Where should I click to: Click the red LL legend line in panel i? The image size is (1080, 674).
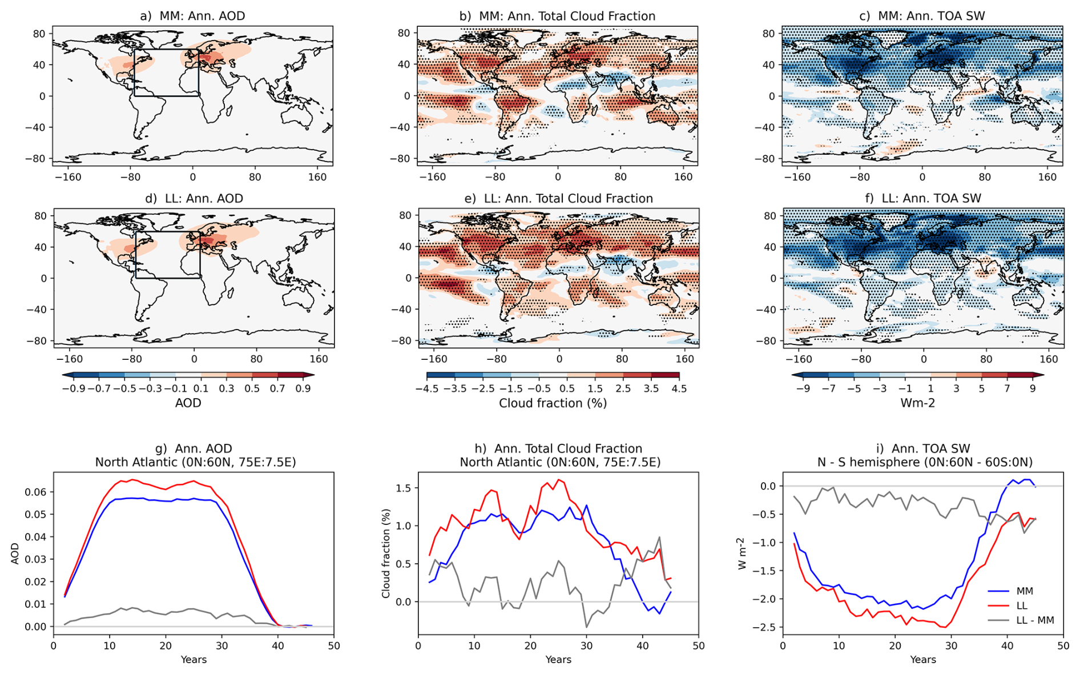998,605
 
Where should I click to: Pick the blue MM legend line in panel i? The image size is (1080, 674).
998,591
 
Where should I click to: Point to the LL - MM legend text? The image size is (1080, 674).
1035,620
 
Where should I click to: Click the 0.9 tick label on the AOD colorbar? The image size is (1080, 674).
303,388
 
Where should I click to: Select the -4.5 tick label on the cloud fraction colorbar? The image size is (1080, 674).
426,388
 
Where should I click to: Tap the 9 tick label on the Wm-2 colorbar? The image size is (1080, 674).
1033,388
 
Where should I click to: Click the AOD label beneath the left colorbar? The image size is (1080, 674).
188,403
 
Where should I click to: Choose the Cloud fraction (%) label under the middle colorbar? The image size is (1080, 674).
553,403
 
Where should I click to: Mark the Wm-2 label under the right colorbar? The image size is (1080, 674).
918,403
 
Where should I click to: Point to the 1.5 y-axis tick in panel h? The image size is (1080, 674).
404,488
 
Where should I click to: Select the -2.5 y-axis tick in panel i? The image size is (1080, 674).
765,627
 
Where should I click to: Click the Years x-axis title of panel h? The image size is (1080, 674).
558,660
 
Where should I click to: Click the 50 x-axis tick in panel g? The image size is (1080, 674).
334,646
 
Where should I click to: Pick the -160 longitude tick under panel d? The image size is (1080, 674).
70,359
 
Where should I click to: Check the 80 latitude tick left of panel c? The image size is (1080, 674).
769,34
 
